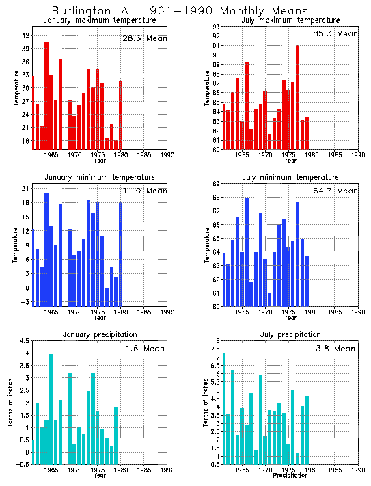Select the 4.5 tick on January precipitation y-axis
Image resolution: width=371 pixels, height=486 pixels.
tap(23, 341)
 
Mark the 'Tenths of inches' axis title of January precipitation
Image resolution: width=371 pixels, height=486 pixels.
tap(10, 403)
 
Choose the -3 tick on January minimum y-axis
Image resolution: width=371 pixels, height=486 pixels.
tap(25, 302)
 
